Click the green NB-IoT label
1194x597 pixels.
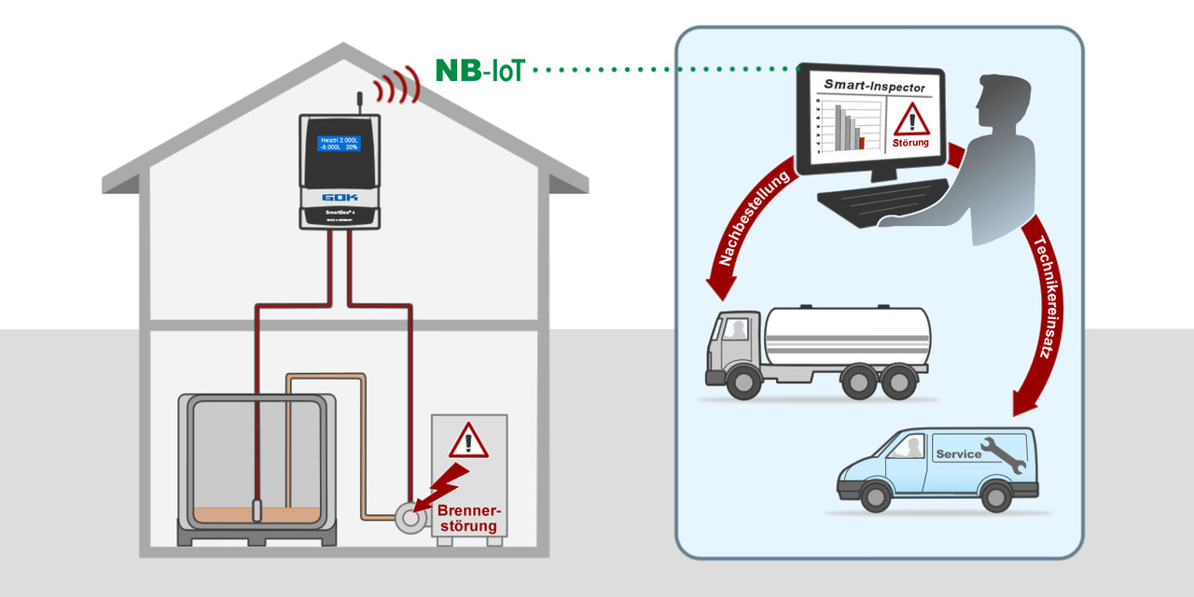pos(479,70)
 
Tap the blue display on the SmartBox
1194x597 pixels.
pos(340,143)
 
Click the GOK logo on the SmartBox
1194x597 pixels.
pos(340,197)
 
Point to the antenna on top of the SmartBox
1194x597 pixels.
pos(359,102)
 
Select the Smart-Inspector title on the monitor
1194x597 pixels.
pos(874,87)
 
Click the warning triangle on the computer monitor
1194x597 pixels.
pos(910,119)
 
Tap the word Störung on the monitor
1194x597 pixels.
pos(910,143)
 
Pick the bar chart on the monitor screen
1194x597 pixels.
pos(844,127)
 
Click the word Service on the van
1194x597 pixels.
pos(958,454)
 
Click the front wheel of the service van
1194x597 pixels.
pos(875,495)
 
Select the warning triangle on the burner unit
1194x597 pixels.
pos(468,440)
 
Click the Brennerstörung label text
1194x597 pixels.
pos(470,519)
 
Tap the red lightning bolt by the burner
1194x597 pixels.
pos(442,483)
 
